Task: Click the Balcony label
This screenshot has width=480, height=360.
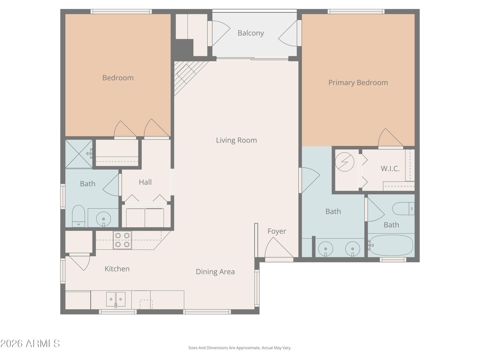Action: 250,33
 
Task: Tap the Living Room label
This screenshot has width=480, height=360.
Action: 236,140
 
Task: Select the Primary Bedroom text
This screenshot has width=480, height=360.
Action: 358,82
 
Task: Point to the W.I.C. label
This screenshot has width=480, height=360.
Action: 390,169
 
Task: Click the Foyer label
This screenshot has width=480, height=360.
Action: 277,231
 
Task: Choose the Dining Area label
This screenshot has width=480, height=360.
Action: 215,272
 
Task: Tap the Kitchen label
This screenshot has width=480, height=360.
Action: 117,269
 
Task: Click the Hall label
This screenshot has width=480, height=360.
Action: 145,182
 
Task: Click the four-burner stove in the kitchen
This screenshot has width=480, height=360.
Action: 122,240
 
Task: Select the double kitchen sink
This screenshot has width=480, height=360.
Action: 116,299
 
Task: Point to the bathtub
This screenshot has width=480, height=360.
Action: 391,245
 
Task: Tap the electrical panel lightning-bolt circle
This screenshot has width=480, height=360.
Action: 345,162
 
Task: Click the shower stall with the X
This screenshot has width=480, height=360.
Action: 79,154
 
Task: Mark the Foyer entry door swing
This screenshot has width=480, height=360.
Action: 279,247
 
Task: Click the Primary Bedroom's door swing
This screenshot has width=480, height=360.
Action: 390,137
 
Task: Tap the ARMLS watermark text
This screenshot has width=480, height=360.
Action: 30,344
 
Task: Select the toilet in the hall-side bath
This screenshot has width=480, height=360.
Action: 78,216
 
